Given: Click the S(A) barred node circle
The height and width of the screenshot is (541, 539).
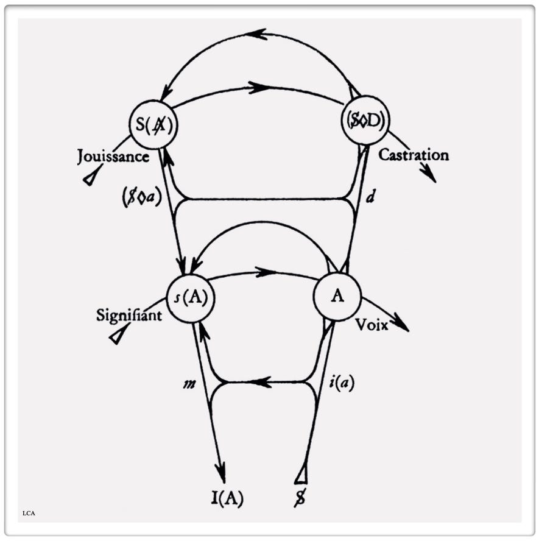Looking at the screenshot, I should [153, 126].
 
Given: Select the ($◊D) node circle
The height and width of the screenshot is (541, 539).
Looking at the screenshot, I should [364, 120].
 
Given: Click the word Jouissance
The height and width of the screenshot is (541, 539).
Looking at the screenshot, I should [113, 157].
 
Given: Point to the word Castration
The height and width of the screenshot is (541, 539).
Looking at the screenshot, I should [414, 155].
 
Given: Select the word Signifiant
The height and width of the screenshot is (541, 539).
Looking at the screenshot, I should [129, 315].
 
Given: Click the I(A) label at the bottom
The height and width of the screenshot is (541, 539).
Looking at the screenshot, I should [223, 498].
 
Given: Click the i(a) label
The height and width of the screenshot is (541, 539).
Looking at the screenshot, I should [340, 383].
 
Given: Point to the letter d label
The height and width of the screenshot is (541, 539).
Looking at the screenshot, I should [371, 197].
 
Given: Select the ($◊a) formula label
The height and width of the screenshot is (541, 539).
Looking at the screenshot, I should [141, 198].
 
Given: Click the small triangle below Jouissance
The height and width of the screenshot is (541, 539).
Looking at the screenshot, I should [91, 177].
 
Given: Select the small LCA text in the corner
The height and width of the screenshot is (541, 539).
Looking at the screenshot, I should [29, 513].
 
